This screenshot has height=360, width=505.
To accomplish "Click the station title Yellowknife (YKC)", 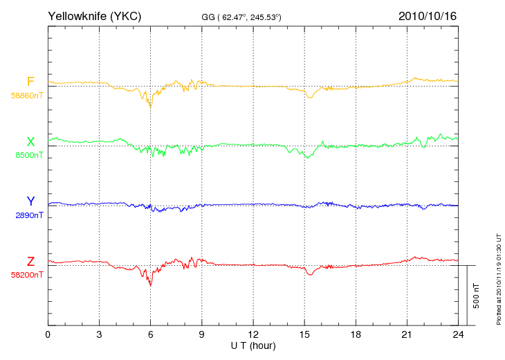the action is pyautogui.click(x=94, y=16).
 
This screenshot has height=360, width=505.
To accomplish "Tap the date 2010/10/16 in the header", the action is pyautogui.click(x=428, y=16).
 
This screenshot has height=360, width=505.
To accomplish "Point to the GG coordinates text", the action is pyautogui.click(x=241, y=17).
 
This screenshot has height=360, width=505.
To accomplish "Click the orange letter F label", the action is pyautogui.click(x=30, y=82).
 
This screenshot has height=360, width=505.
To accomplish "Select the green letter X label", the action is pyautogui.click(x=30, y=141).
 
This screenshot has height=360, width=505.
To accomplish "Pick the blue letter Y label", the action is pyautogui.click(x=30, y=201).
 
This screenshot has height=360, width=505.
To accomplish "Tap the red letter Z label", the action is pyautogui.click(x=30, y=261).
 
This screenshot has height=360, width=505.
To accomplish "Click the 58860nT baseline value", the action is pyautogui.click(x=27, y=96).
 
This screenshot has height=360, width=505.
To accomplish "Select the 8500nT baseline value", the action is pyautogui.click(x=29, y=155).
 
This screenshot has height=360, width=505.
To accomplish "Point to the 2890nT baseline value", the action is pyautogui.click(x=29, y=215).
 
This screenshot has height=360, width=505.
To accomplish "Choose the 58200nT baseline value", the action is pyautogui.click(x=27, y=275).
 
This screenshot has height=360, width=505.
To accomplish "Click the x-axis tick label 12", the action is pyautogui.click(x=253, y=334).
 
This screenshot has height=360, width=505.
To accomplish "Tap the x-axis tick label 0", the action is pyautogui.click(x=48, y=334).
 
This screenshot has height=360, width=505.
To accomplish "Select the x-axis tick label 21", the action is pyautogui.click(x=407, y=334).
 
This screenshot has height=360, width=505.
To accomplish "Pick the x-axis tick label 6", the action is pyautogui.click(x=150, y=334).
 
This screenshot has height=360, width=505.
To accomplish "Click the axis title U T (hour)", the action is pyautogui.click(x=253, y=346).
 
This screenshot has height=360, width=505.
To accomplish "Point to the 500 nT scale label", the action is pyautogui.click(x=476, y=296).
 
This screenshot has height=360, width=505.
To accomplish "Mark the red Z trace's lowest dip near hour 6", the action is pyautogui.click(x=150, y=285).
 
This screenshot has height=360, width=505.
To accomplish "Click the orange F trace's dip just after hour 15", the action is pyautogui.click(x=310, y=97).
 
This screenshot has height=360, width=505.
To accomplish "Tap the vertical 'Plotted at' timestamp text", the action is pyautogui.click(x=499, y=279).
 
